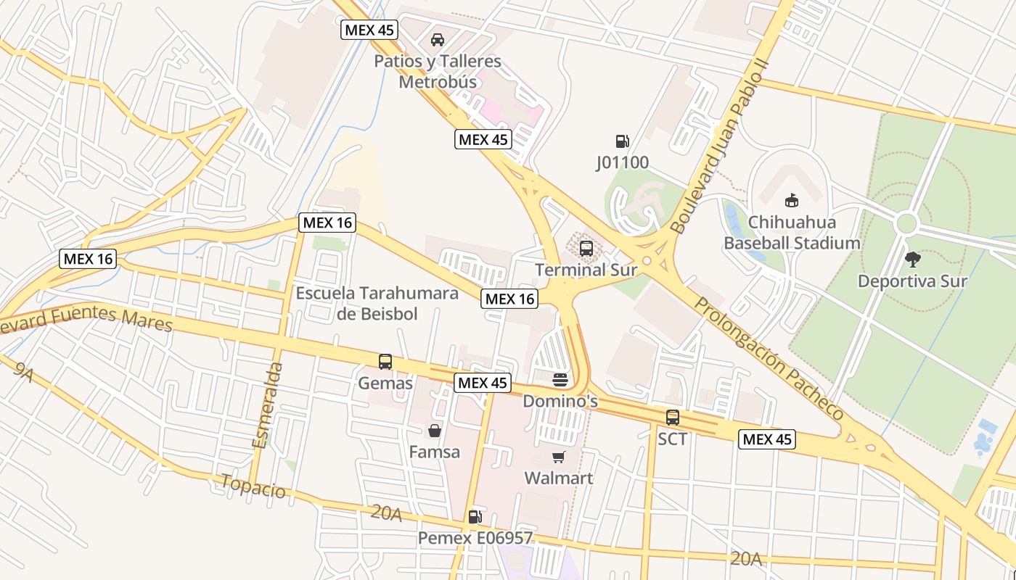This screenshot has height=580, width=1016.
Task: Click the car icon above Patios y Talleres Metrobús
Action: (438, 39)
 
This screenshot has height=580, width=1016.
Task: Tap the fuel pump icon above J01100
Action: (622, 141)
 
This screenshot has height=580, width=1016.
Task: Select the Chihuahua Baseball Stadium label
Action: (792, 232)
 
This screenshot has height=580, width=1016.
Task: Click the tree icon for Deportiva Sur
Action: (912, 258)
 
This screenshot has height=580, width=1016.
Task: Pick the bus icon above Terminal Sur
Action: (586, 249)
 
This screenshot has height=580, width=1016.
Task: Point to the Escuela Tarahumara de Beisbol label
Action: (377, 303)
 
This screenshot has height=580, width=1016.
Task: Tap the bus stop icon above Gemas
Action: (385, 361)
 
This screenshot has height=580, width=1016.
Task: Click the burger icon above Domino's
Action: (560, 380)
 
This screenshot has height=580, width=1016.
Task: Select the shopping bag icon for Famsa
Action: (434, 431)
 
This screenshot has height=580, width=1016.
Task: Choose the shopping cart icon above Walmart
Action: (558, 457)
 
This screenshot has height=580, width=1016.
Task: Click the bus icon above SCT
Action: (673, 418)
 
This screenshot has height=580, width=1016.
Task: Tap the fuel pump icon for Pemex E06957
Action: (475, 516)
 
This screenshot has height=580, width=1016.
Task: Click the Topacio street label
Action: (253, 486)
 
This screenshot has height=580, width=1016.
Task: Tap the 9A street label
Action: (23, 372)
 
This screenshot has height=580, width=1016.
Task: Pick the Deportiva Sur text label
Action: (912, 281)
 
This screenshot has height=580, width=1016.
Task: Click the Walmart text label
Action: (559, 478)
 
